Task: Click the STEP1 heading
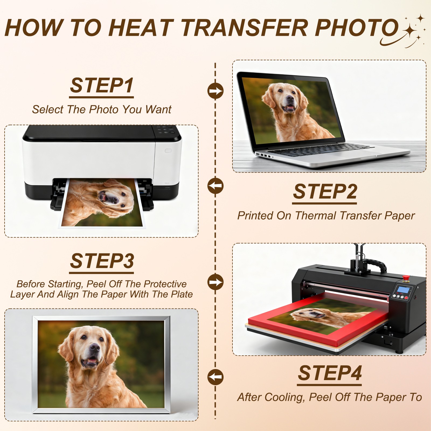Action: coord(102,85)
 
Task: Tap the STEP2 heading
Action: coord(325,192)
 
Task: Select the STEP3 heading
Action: coord(102,261)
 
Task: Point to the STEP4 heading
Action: coord(330,373)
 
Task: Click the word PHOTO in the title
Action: coord(356,27)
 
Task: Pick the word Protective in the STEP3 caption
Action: coord(165,284)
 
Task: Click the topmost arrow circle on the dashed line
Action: coord(215,91)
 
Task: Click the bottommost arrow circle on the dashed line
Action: coord(215,377)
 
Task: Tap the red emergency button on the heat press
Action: coord(405,278)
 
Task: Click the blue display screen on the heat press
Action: coord(403,290)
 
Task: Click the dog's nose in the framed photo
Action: coord(95,347)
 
